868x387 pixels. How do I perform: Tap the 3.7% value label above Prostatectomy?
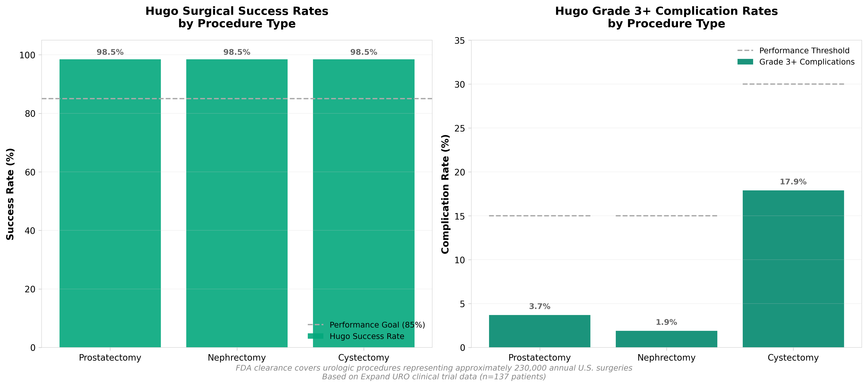click(539, 306)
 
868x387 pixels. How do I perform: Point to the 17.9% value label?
click(793, 182)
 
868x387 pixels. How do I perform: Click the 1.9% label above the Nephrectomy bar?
click(666, 322)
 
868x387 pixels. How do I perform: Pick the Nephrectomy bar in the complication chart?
click(666, 339)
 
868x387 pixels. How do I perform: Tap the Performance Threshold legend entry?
click(804, 51)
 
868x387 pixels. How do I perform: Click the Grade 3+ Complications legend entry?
click(807, 62)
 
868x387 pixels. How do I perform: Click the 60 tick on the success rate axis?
click(30, 172)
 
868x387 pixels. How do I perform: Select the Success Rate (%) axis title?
click(10, 194)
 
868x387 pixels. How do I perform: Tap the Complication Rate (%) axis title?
click(445, 194)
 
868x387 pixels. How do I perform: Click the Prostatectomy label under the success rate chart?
click(110, 358)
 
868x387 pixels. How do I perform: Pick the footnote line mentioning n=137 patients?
click(434, 377)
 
